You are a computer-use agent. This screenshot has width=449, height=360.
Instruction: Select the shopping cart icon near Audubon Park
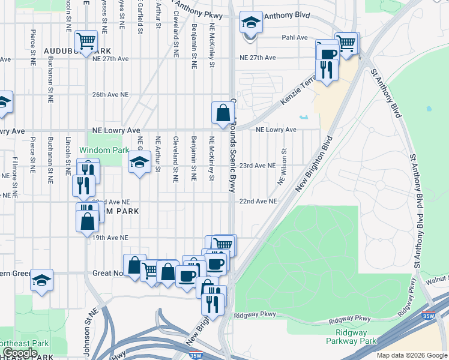tap(86, 41)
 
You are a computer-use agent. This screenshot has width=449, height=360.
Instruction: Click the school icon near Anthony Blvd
tap(251, 23)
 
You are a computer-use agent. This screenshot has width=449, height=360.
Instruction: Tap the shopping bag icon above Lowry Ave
tap(222, 112)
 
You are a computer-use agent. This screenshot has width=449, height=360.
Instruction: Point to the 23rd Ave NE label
tap(258, 166)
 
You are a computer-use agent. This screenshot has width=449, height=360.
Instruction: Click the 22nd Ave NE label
tap(258, 202)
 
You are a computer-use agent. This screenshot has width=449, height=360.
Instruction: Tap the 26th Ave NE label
tap(110, 95)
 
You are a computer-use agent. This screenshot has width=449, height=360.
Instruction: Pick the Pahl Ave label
tap(295, 37)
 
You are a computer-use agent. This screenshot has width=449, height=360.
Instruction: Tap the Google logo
tap(20, 353)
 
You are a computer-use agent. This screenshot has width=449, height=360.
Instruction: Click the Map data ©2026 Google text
tap(411, 355)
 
